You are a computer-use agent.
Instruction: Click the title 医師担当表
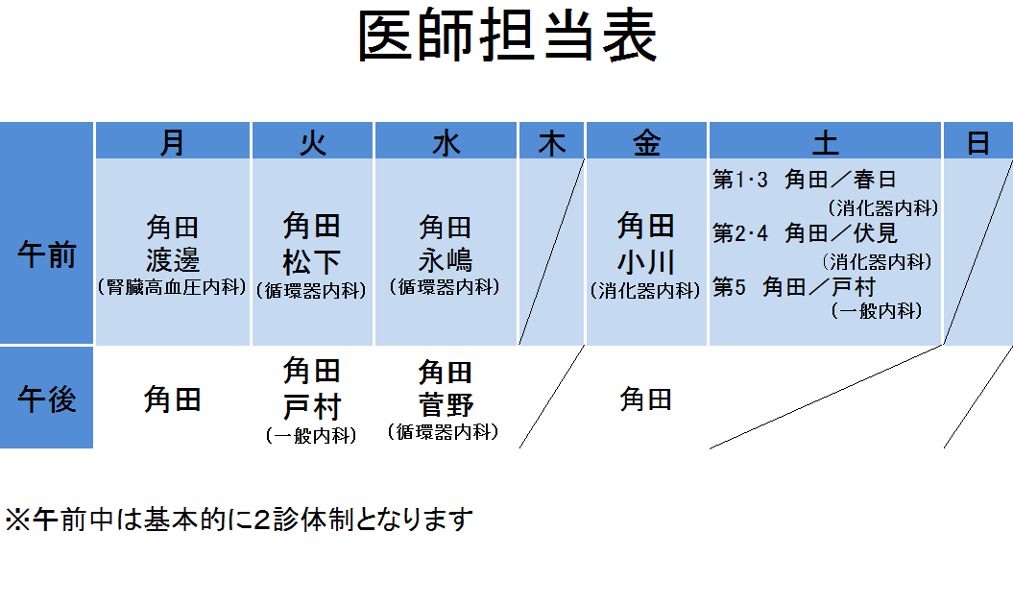pos(508,36)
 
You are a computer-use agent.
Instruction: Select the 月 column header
pos(173,143)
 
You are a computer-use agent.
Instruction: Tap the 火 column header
pos(313,143)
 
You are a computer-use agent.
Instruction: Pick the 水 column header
pos(446,143)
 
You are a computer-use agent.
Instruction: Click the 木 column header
pos(552,143)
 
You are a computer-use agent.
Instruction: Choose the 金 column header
pos(647,143)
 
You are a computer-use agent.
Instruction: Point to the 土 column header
pos(825,143)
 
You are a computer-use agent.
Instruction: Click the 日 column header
pos(978,143)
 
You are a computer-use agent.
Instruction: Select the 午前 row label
pos(46,254)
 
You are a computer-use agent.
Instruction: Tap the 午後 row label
pos(46,399)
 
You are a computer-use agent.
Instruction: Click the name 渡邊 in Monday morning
pos(173,260)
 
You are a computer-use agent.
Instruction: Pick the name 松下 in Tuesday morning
pos(311,262)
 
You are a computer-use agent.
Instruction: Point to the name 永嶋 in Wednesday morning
pos(446,260)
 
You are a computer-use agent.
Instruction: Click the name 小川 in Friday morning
pos(646,262)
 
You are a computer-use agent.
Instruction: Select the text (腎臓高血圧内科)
pos(173,287)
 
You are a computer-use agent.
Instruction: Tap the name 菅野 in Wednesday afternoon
pos(446,405)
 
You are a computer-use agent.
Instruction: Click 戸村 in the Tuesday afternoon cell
pos(311,407)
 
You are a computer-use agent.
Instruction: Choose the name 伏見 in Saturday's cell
pos(876,232)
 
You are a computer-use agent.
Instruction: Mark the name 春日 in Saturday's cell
pos(875,179)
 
